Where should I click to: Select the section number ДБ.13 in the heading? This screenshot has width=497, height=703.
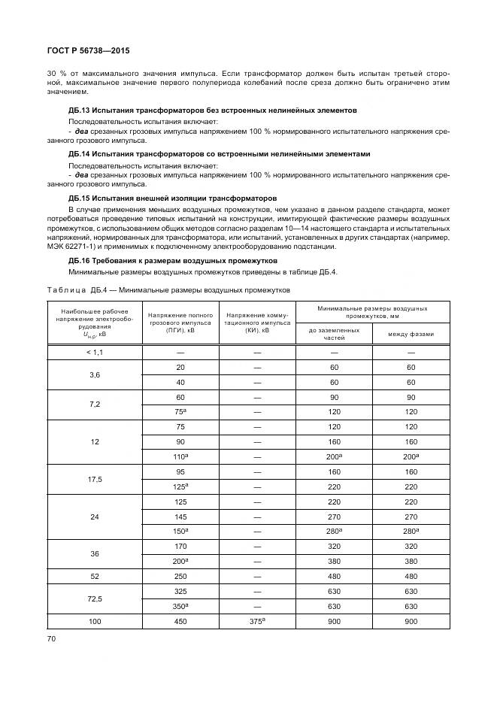coord(81,111)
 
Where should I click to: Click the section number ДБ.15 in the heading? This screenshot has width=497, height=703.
coord(81,198)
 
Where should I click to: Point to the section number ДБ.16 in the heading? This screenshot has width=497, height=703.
coord(81,260)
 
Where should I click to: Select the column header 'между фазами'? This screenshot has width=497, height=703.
coord(411,333)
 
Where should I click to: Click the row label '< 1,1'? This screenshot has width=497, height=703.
coord(95,352)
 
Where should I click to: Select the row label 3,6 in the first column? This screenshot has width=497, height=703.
coord(95,374)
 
